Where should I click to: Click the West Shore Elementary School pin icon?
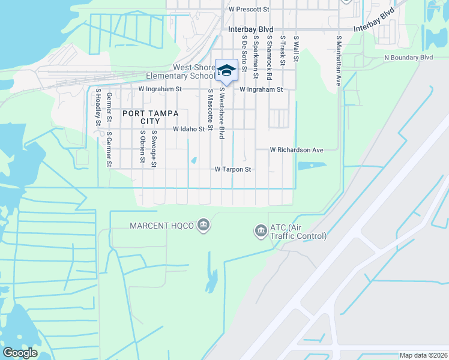coord(226,71)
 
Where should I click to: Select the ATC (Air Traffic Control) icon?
coord(261,231)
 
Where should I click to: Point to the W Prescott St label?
coord(249,10)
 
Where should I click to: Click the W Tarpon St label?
coord(232,170)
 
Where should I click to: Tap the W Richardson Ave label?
coord(297,149)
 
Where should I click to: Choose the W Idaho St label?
coord(189,129)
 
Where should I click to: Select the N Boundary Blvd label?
coord(408,58)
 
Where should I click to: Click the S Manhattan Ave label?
coord(339,60)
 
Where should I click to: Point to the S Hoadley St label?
coord(97,108)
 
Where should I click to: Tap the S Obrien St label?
coord(142,147)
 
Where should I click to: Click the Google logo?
coord(19,353)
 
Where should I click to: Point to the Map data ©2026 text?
coord(423,355)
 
